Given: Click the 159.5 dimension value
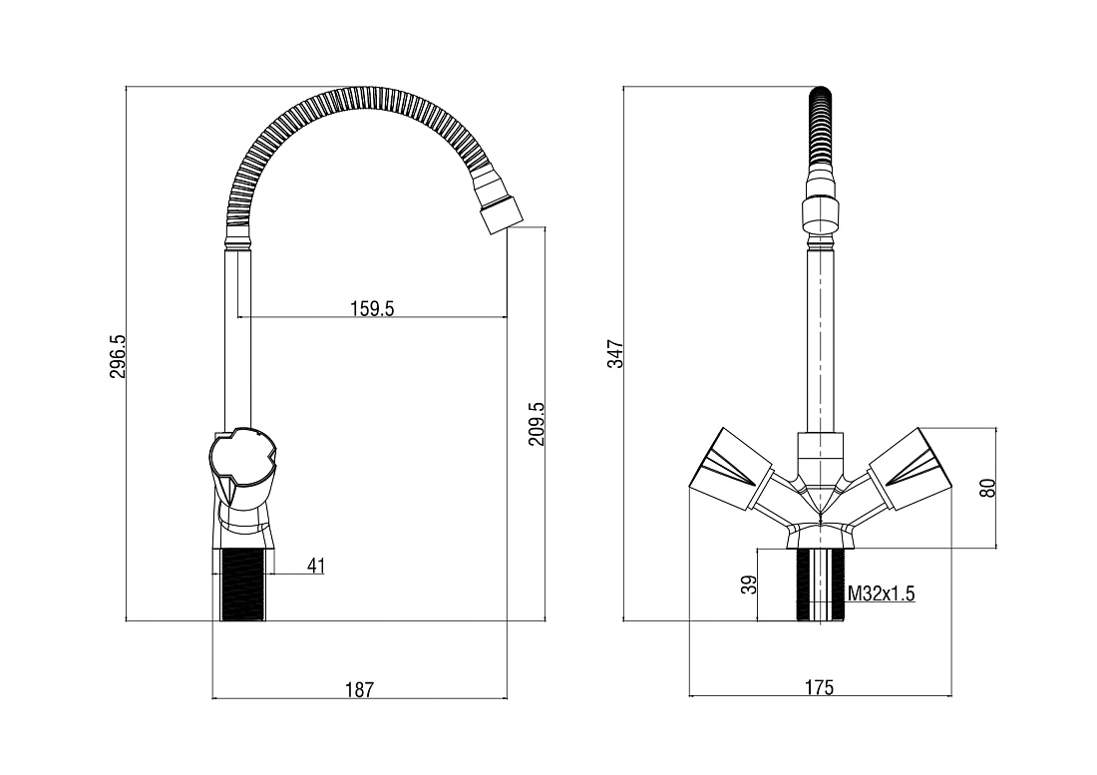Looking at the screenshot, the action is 372,308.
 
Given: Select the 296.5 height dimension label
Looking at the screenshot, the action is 118,356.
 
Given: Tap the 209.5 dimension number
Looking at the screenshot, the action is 536,423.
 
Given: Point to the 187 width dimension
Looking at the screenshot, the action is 360,689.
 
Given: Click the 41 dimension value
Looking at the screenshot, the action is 316,566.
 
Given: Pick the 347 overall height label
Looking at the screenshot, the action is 615,355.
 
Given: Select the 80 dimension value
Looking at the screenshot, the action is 987,488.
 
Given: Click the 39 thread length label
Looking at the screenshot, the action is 749,584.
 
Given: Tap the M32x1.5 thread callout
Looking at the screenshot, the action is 881,593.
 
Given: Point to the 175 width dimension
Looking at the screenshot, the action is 819,687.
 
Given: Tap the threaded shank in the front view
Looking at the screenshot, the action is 820,584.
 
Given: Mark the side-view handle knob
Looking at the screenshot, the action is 242,469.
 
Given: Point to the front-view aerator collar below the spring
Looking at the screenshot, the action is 820,214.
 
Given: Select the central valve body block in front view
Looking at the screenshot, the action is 820,458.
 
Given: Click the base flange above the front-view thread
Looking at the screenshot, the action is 820,538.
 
